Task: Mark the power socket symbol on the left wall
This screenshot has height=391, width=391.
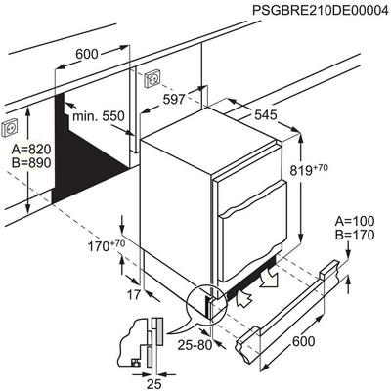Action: click(x=11, y=128)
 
